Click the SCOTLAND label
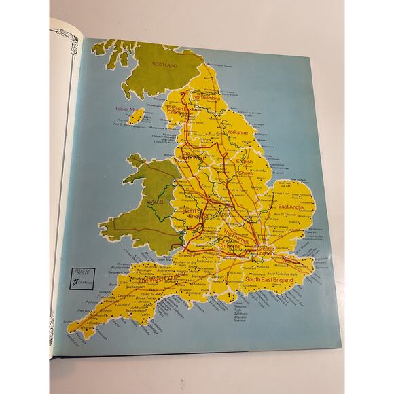click(164, 65)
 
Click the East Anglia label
click(293, 206)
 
